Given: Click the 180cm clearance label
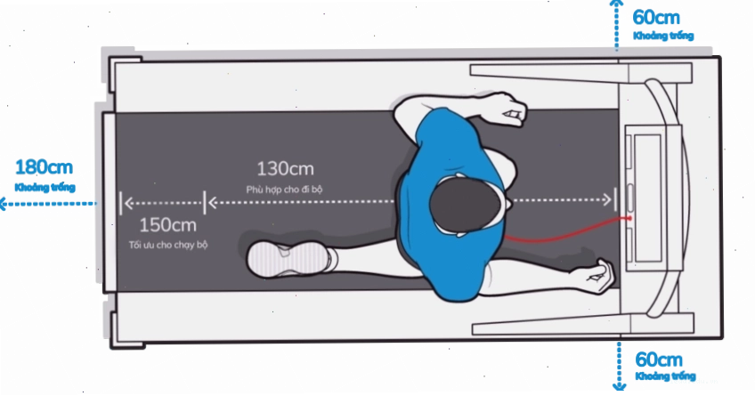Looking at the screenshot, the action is [x=45, y=167].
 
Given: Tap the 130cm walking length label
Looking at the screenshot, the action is [x=285, y=169].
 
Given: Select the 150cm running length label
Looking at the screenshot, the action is [x=167, y=225].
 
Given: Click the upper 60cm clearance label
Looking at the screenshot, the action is [x=656, y=18].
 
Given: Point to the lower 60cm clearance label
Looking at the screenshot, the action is [x=659, y=360].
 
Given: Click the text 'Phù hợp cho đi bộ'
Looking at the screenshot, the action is [x=284, y=190].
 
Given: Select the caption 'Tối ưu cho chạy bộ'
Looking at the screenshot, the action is [x=168, y=245].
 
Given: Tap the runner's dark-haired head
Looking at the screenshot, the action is [x=465, y=205].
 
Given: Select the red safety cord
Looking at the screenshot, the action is [x=568, y=232].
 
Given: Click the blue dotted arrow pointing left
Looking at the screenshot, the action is [x=47, y=204].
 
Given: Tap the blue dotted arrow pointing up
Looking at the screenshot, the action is [x=616, y=24].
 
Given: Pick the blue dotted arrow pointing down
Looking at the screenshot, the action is [x=619, y=366].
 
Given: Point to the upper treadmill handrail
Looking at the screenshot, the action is [x=581, y=72].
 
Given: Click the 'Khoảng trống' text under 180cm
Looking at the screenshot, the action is [x=45, y=187].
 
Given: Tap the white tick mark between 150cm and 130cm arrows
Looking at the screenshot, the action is [x=205, y=203].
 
